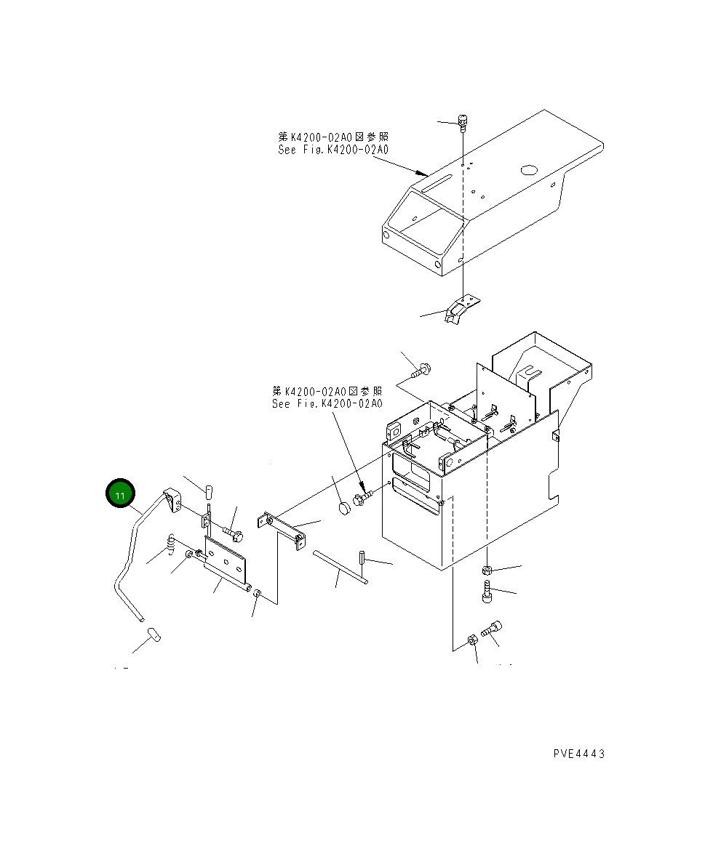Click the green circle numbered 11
point(120,494)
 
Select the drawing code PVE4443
point(578,754)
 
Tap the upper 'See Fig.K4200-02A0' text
point(333,150)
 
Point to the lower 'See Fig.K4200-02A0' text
point(327,404)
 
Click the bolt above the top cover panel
point(463,121)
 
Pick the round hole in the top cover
point(529,172)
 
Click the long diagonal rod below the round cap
point(340,566)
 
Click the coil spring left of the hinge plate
point(172,543)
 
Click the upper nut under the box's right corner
point(487,570)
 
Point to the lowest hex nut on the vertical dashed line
point(471,641)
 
